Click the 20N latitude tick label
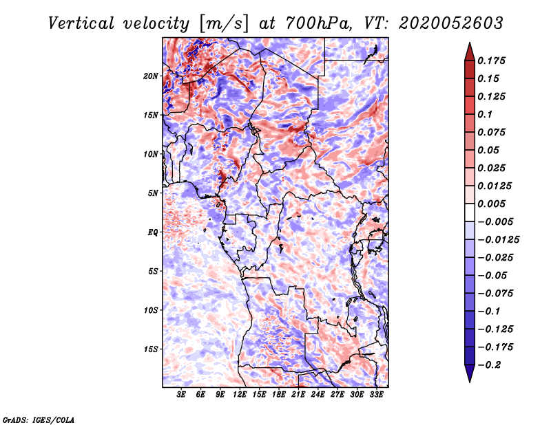click(x=150, y=76)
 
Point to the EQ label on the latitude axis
click(x=153, y=232)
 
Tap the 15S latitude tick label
click(x=150, y=349)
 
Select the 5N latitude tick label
click(x=153, y=193)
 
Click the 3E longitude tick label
click(x=181, y=395)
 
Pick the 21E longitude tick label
click(x=298, y=395)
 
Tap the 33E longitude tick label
click(x=376, y=395)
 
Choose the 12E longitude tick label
click(x=240, y=395)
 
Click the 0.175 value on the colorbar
click(x=491, y=61)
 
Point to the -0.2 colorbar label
click(x=489, y=365)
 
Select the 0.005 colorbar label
click(x=491, y=204)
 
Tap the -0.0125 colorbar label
click(x=498, y=240)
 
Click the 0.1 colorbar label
click(x=485, y=114)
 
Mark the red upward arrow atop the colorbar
click(x=470, y=52)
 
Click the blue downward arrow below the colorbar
click(x=470, y=373)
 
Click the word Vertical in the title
click(x=81, y=23)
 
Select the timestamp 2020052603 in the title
click(x=450, y=23)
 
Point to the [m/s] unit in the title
click(x=224, y=23)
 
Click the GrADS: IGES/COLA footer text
click(x=39, y=419)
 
